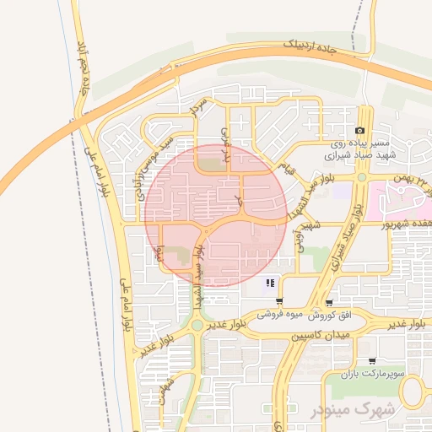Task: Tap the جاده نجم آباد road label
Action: [84, 67]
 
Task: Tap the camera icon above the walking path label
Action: [360, 131]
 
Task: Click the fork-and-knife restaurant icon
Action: [270, 283]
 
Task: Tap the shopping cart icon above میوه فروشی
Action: [279, 301]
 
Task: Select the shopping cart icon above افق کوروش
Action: [328, 302]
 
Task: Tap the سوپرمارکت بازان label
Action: [370, 372]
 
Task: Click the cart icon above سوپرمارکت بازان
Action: [372, 360]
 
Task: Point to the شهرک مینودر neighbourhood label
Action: [353, 409]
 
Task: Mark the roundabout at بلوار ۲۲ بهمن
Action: [361, 177]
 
